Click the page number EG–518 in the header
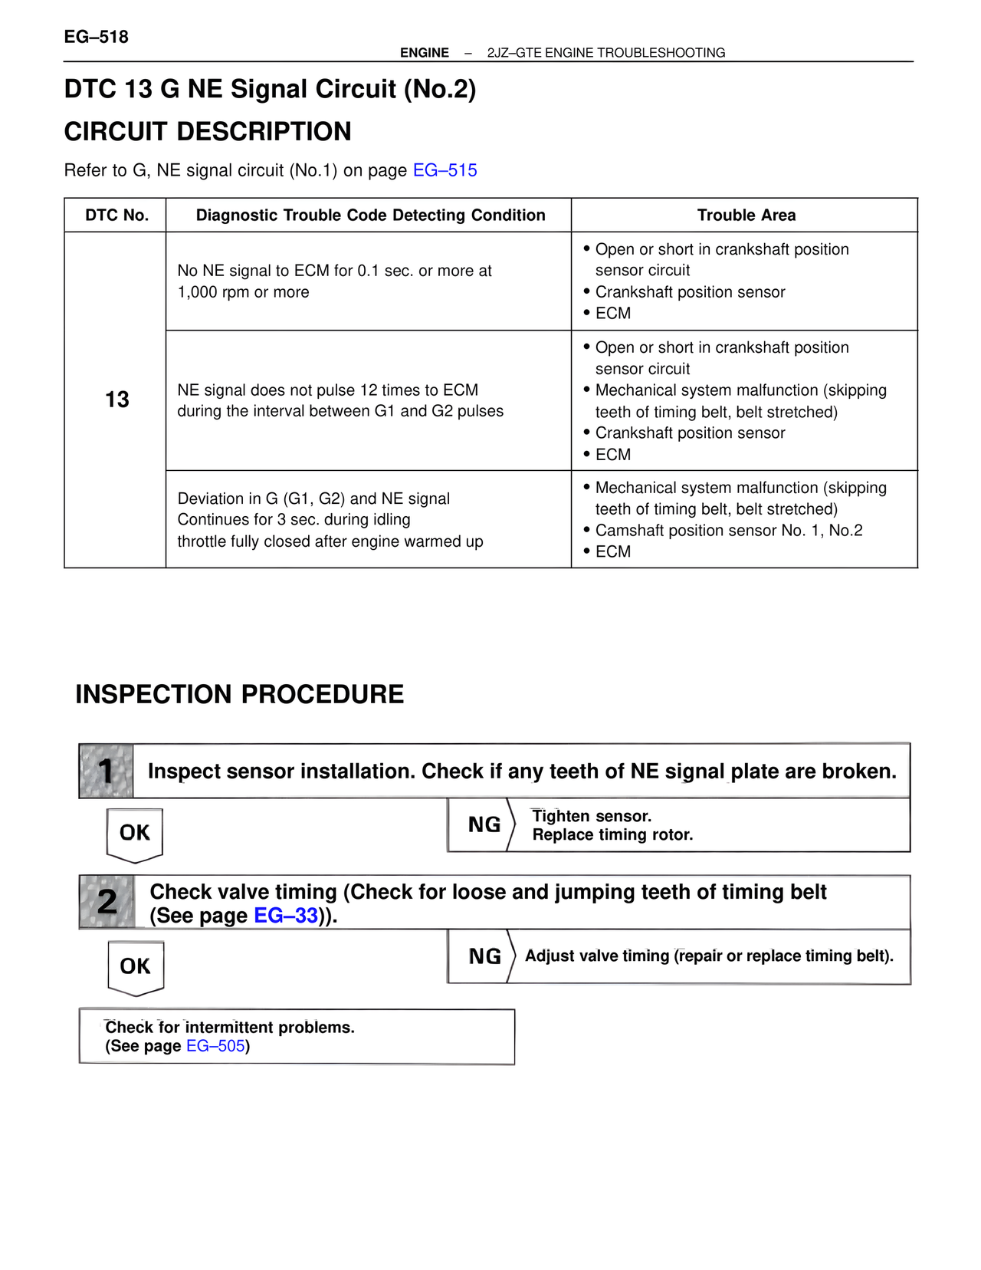[x=96, y=37]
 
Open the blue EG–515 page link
[x=445, y=170]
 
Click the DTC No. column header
[x=116, y=216]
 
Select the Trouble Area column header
[x=746, y=216]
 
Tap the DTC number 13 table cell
[x=116, y=400]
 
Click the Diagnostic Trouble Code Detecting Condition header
[x=370, y=216]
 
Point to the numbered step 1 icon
[x=107, y=772]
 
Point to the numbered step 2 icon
[x=107, y=902]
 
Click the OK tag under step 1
[x=135, y=833]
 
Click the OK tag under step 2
[x=136, y=966]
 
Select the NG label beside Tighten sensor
[x=484, y=825]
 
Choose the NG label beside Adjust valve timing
[x=484, y=957]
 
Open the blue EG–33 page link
[x=285, y=916]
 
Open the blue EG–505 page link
[x=215, y=1046]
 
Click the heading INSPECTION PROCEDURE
[x=239, y=695]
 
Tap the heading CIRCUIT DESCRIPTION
[x=208, y=132]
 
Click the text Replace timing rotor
[x=612, y=835]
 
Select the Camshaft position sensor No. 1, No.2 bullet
[x=728, y=531]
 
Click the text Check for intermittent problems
[x=230, y=1028]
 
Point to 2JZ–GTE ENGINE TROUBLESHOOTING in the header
[x=605, y=53]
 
